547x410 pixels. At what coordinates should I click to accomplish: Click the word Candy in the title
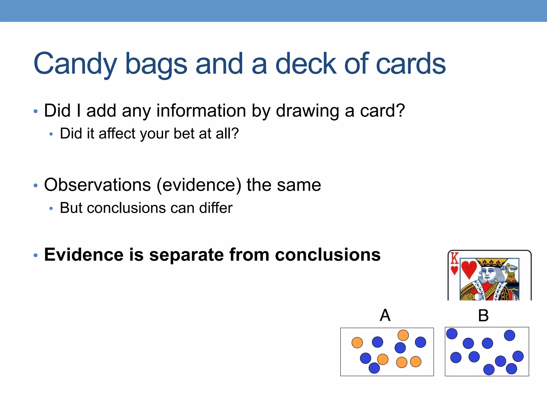[75, 64]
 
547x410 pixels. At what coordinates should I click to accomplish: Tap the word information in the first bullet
[201, 111]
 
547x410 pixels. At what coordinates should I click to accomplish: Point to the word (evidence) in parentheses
[199, 185]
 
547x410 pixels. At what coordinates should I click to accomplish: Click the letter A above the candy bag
[385, 315]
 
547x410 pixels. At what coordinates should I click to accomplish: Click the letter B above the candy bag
[483, 316]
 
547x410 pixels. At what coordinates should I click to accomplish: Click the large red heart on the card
[469, 269]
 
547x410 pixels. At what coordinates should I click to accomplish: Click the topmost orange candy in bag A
[403, 335]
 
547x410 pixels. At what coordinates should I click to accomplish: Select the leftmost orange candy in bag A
[357, 342]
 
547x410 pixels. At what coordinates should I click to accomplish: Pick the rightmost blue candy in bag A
[420, 342]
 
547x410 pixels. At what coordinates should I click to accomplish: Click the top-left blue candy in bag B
[452, 334]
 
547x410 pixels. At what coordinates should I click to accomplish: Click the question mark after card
[400, 111]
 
